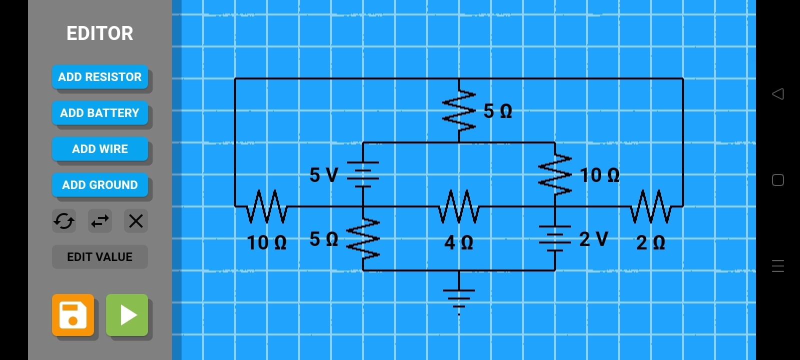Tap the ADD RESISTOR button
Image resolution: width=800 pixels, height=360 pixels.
click(100, 77)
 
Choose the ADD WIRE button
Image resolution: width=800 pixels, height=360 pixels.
click(100, 149)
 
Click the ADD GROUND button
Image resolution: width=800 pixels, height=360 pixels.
click(100, 185)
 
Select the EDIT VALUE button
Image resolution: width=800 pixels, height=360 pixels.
click(100, 257)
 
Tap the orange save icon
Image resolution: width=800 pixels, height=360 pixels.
click(73, 315)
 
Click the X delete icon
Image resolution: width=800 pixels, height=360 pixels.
click(136, 221)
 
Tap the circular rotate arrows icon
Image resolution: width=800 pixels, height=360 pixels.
click(64, 221)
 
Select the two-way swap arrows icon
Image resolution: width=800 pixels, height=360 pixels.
click(100, 221)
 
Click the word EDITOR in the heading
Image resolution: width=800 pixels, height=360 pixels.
click(100, 33)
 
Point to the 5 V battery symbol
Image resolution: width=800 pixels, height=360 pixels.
click(363, 174)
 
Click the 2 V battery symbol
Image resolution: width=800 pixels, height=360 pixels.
click(555, 238)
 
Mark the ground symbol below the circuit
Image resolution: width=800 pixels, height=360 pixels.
click(459, 298)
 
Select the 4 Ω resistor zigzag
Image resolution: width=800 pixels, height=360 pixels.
click(459, 206)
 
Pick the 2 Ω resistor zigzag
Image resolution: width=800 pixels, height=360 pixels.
click(650, 206)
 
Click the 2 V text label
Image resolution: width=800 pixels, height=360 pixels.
click(593, 239)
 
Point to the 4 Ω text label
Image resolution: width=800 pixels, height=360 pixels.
click(458, 243)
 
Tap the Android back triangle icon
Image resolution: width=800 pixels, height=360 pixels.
click(777, 94)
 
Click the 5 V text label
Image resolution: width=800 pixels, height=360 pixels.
click(323, 175)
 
